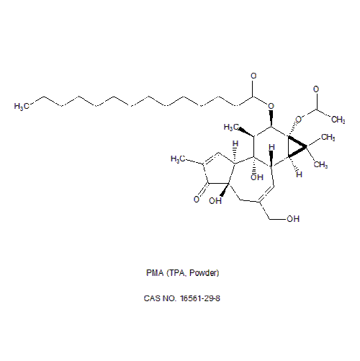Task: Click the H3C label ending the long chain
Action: tap(22, 106)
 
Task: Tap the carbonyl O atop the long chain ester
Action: tap(253, 76)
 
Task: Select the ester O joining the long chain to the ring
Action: tap(271, 106)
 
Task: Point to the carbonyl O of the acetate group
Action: tap(316, 89)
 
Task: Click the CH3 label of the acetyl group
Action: tap(338, 120)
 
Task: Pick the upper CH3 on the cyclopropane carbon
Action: tap(328, 138)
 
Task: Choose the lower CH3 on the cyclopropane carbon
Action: tap(320, 164)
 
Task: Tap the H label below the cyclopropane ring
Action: tap(299, 174)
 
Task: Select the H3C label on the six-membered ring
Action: tap(231, 128)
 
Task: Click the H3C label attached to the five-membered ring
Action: tap(178, 159)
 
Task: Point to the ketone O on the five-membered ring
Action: tap(197, 199)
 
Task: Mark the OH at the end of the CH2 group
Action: tap(293, 219)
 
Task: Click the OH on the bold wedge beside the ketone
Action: tap(215, 201)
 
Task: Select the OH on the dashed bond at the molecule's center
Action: tap(257, 177)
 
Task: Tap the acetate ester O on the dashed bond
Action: tap(298, 120)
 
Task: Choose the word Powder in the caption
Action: tap(203, 273)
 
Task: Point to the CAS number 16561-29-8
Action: tap(200, 298)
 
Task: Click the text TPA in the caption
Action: tap(177, 273)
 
